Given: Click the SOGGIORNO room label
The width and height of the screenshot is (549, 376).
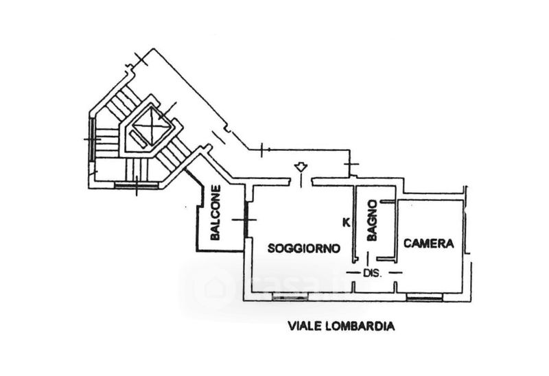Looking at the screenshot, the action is [x=304, y=248].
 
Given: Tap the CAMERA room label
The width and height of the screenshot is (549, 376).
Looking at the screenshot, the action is [x=429, y=244].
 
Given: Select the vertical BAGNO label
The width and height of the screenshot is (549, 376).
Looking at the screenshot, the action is [x=373, y=220].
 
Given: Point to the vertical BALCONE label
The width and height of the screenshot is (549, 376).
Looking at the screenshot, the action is [x=215, y=213].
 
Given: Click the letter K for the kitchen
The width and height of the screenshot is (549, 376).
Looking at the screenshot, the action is [x=346, y=222].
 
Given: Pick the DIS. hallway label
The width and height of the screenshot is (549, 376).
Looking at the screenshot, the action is [x=372, y=273].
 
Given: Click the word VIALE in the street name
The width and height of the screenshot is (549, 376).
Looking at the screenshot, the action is [x=304, y=327].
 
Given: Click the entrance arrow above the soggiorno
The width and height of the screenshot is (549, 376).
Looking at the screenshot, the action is [x=300, y=167].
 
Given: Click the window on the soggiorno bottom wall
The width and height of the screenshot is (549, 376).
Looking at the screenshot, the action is [x=290, y=297].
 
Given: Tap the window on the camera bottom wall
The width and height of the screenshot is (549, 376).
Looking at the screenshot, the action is [x=425, y=297].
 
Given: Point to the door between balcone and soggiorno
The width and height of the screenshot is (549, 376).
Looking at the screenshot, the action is [x=246, y=220].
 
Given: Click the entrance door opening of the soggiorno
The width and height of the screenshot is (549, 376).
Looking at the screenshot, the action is [x=301, y=181].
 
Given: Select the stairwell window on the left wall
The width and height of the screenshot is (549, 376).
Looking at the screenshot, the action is [x=92, y=139].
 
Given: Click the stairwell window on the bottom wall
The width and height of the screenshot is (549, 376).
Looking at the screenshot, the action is [x=137, y=185].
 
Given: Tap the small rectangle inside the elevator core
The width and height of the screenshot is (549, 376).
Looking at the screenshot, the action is [x=139, y=139].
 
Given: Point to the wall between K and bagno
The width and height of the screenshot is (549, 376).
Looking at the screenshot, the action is [x=354, y=224].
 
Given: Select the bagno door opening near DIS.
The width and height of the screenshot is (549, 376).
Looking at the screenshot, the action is [x=368, y=259].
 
